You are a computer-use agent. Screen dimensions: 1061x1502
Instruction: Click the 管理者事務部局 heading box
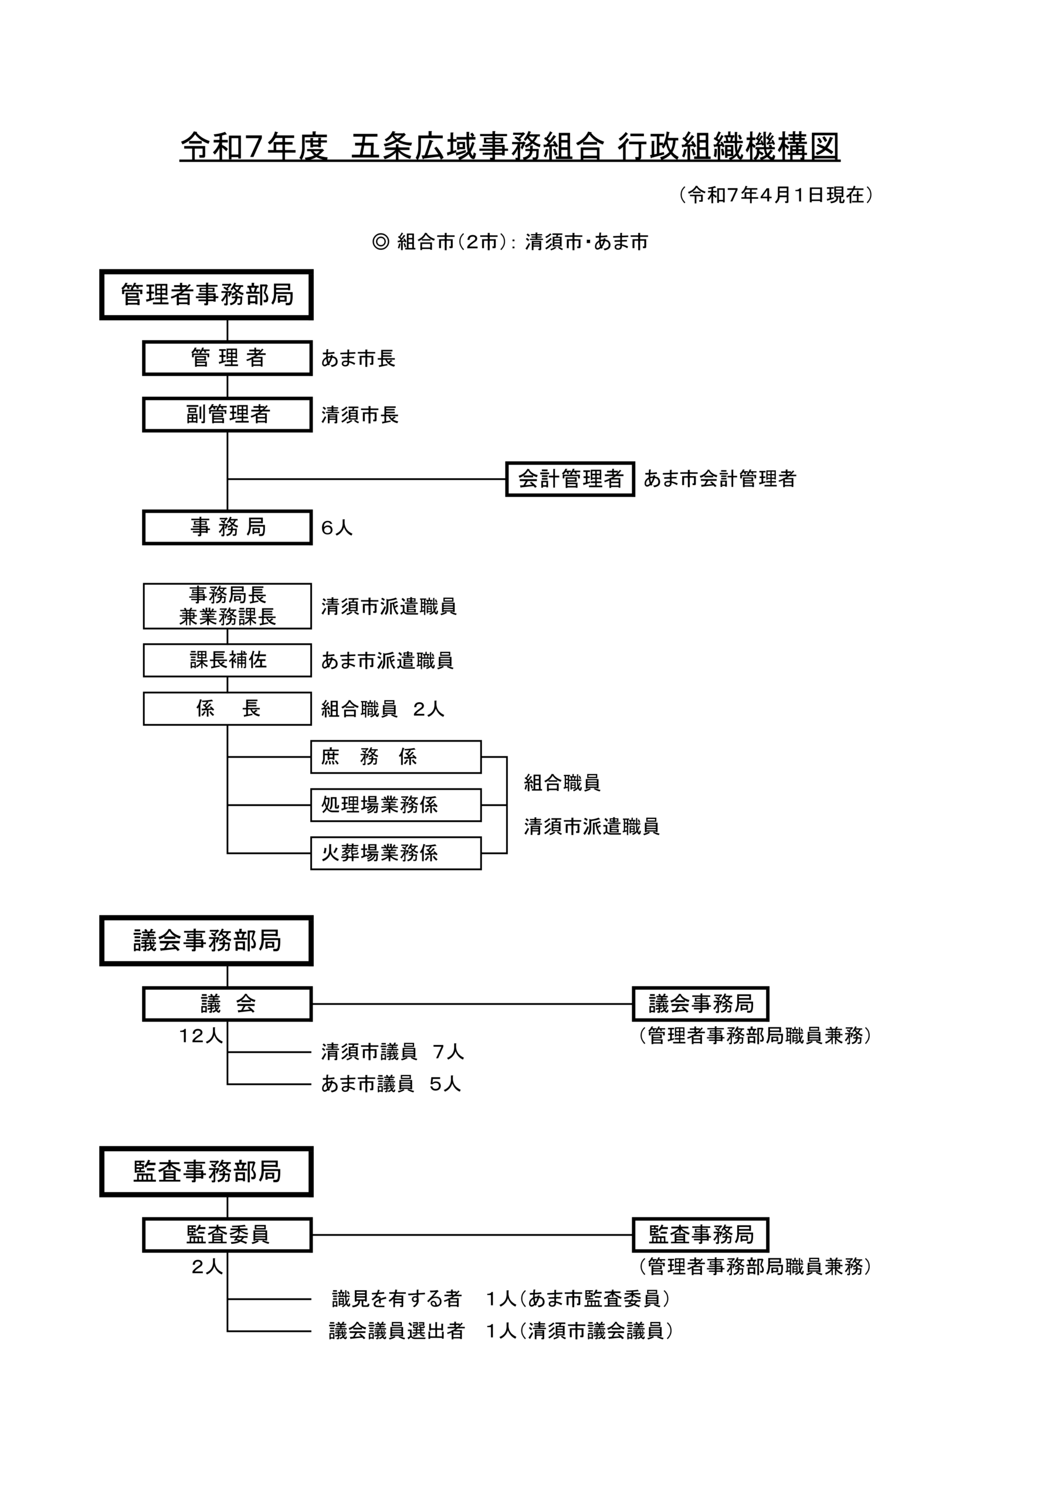206,295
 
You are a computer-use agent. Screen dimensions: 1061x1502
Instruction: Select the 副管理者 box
227,414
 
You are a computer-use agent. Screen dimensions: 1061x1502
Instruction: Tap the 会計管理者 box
570,479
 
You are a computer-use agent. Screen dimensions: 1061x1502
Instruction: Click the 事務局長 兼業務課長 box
227,605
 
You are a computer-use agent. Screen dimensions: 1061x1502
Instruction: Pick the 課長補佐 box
227,660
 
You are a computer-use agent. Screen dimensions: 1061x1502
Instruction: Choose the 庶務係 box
396,757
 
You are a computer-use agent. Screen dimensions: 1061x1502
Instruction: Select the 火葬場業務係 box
396,853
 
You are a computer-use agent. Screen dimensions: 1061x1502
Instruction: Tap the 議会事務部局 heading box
206,941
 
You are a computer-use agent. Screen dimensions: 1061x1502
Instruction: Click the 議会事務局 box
700,1003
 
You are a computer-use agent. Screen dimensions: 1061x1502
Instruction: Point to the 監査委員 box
227,1234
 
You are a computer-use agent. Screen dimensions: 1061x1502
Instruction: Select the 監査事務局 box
700,1234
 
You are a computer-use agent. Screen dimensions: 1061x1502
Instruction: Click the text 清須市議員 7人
392,1052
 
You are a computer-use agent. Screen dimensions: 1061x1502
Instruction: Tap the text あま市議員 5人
391,1084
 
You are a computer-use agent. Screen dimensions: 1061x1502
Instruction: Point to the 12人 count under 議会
201,1036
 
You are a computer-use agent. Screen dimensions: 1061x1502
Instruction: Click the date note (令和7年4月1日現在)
775,194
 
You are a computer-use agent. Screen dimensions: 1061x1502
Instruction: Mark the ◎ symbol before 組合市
380,242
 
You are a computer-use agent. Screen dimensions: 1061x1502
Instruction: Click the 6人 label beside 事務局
336,528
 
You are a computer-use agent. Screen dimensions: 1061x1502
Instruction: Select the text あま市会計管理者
720,479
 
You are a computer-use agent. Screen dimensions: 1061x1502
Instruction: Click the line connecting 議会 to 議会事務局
472,1003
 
